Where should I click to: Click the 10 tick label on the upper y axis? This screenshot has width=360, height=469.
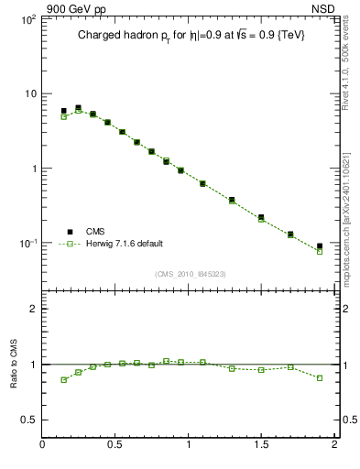click(29, 94)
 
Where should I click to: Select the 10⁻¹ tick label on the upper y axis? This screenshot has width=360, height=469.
click(27, 244)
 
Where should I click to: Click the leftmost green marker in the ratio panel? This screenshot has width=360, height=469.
click(64, 379)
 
